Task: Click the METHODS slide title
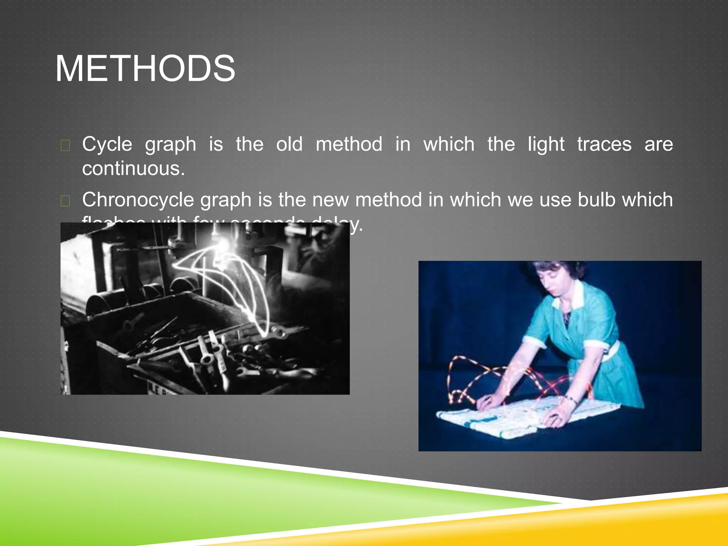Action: (145, 68)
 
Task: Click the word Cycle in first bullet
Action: (107, 144)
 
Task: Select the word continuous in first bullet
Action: (133, 168)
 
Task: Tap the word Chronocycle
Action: (138, 200)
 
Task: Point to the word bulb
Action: (596, 199)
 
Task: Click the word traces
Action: (604, 144)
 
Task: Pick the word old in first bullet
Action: (289, 144)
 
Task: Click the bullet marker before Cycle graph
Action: (65, 145)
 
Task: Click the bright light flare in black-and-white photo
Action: (224, 245)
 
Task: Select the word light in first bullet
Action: (546, 144)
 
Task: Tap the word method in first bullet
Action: (349, 144)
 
